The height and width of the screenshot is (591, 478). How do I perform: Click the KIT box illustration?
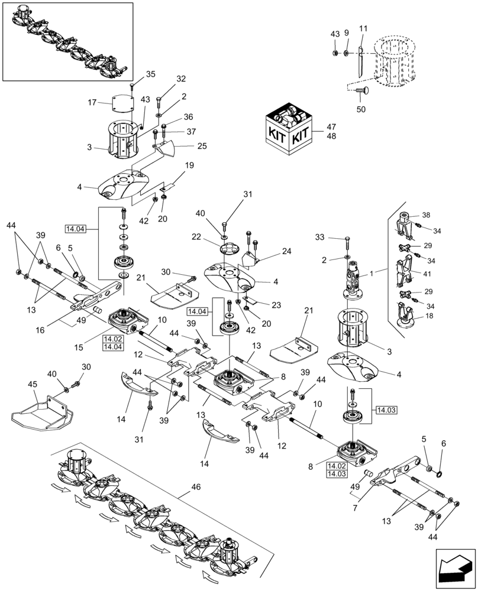point(287,130)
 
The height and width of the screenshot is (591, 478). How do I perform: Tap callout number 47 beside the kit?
point(331,126)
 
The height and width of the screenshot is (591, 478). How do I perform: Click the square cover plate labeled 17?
point(121,103)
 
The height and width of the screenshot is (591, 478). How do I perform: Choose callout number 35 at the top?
point(150,74)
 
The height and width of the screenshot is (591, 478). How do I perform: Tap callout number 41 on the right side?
point(427,274)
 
